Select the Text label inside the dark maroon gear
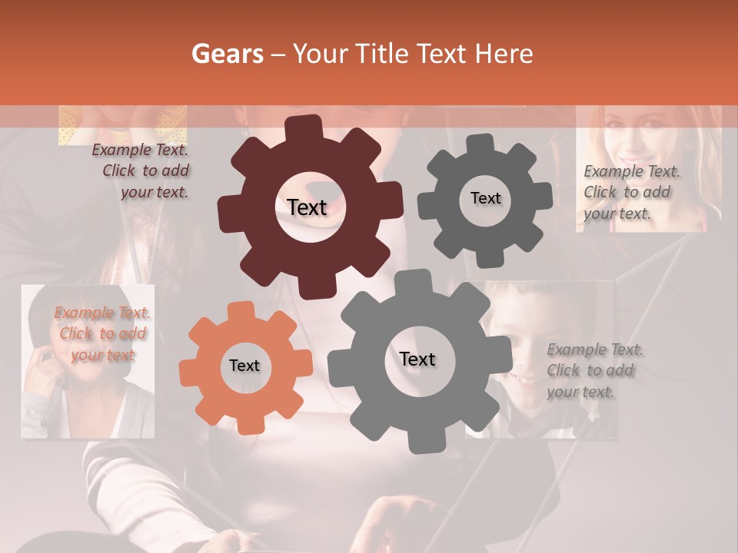307,207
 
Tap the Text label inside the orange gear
244,366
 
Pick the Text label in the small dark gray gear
485,198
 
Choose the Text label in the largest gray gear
417,359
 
